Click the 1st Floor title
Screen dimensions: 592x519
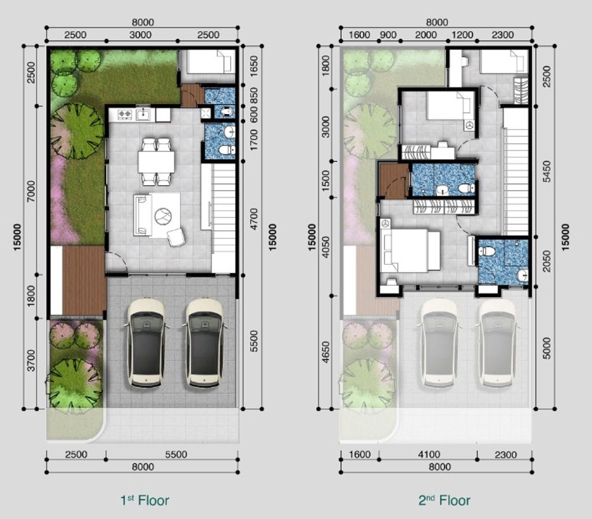[145, 500]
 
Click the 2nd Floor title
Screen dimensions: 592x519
[445, 500]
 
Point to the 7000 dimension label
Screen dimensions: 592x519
[31, 191]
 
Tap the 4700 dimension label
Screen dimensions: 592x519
[254, 219]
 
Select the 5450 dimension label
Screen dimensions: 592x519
[546, 171]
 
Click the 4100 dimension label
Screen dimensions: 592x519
[430, 454]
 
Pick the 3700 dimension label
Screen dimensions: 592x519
[31, 360]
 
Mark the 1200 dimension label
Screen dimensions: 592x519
[462, 35]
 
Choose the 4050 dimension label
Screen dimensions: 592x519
[325, 247]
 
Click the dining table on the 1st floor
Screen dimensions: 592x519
[156, 161]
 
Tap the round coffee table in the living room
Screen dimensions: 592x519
[163, 216]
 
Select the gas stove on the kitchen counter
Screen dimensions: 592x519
[124, 113]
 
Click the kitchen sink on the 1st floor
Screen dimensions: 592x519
[143, 114]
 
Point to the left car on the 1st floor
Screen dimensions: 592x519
[146, 343]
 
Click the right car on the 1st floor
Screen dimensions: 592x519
[204, 343]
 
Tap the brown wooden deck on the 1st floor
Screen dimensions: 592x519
[84, 280]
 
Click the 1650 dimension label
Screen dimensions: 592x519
[254, 66]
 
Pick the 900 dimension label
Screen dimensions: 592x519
[388, 35]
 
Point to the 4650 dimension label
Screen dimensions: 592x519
[325, 352]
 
